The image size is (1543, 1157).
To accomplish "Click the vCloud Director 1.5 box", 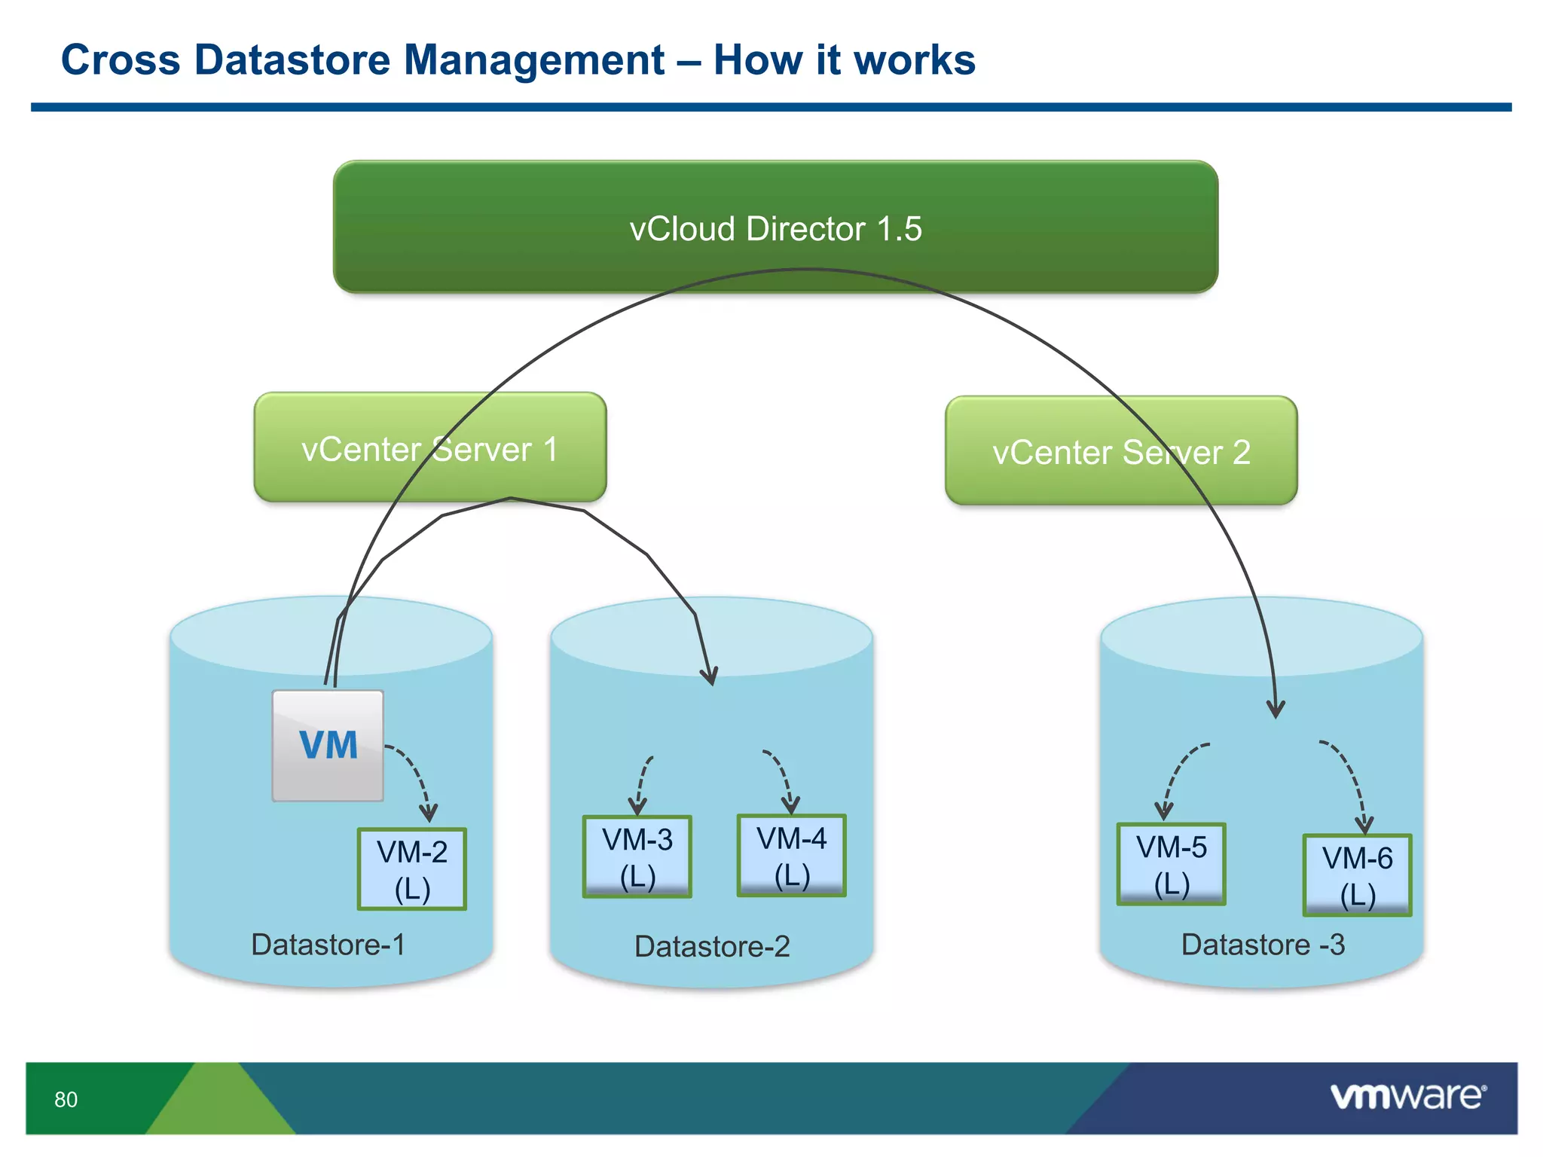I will (775, 227).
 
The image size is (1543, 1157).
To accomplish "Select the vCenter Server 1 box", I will (429, 448).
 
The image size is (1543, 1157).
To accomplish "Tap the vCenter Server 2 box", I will (1121, 451).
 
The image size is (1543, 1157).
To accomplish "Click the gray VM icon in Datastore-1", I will (328, 745).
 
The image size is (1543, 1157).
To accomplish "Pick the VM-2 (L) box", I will (412, 869).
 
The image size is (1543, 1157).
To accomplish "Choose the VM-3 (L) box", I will (637, 857).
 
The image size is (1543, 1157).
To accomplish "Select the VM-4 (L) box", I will (791, 856).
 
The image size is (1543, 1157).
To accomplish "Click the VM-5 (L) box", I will (1171, 864).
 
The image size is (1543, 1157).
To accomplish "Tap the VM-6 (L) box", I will (1357, 875).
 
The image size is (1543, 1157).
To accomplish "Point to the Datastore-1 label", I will (328, 945).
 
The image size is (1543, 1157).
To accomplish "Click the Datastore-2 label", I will (712, 946).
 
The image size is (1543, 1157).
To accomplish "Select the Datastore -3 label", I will (1263, 945).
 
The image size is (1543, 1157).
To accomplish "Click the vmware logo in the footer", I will (1408, 1096).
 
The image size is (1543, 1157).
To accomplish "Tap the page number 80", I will (66, 1100).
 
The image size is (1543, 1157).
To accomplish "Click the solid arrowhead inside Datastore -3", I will (1276, 709).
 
